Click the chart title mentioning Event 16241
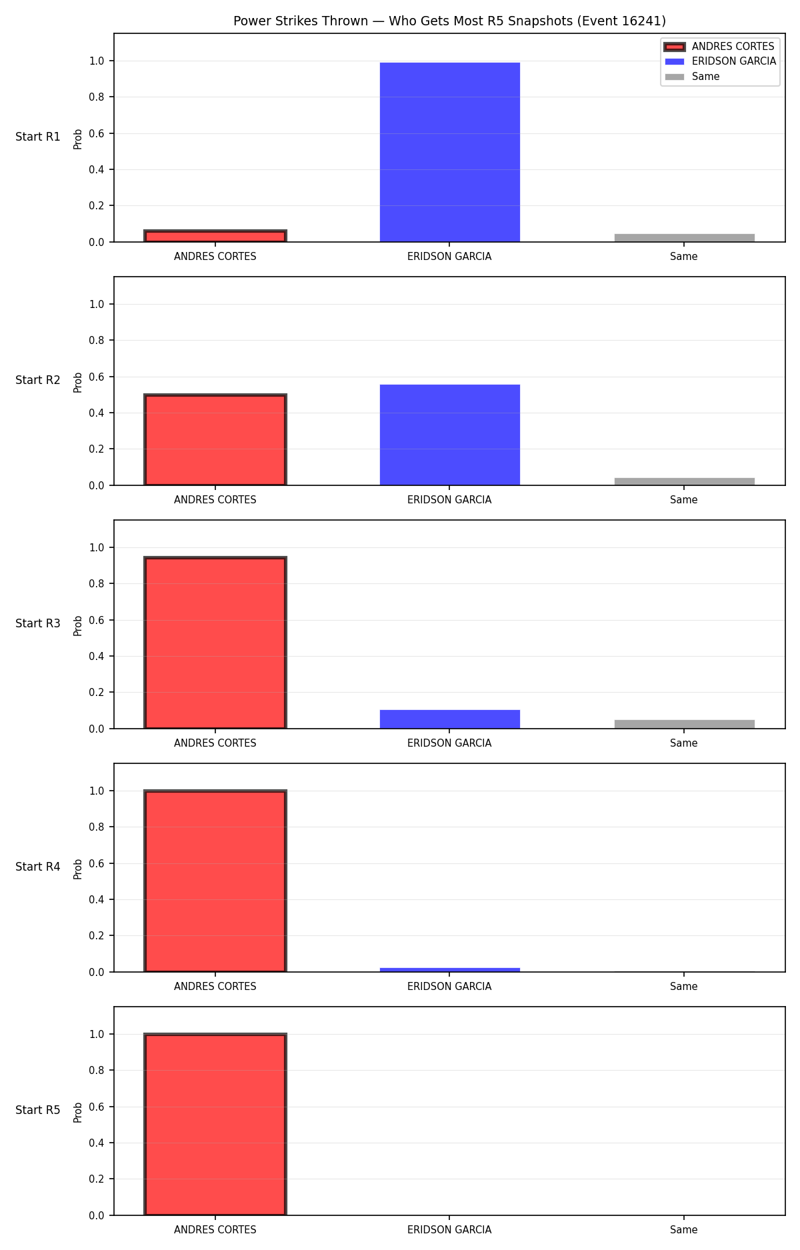click(x=449, y=21)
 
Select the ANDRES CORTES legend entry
click(x=719, y=47)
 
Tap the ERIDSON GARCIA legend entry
click(x=720, y=61)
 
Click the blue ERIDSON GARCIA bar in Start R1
click(x=450, y=152)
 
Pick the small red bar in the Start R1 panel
click(x=215, y=236)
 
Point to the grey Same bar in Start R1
click(x=685, y=238)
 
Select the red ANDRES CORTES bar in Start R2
click(x=215, y=440)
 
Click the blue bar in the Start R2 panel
click(x=450, y=435)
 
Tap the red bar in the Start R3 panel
click(x=215, y=643)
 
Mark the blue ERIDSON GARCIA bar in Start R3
click(x=450, y=719)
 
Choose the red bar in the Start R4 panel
click(x=215, y=881)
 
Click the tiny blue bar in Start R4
click(x=450, y=970)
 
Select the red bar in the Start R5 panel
click(x=215, y=1125)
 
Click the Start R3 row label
click(x=38, y=623)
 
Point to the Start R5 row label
click(x=38, y=1110)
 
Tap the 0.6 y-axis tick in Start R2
click(x=97, y=377)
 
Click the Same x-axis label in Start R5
click(x=684, y=1230)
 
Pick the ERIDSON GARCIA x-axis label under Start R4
click(x=449, y=987)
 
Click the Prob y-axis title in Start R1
click(x=78, y=139)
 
